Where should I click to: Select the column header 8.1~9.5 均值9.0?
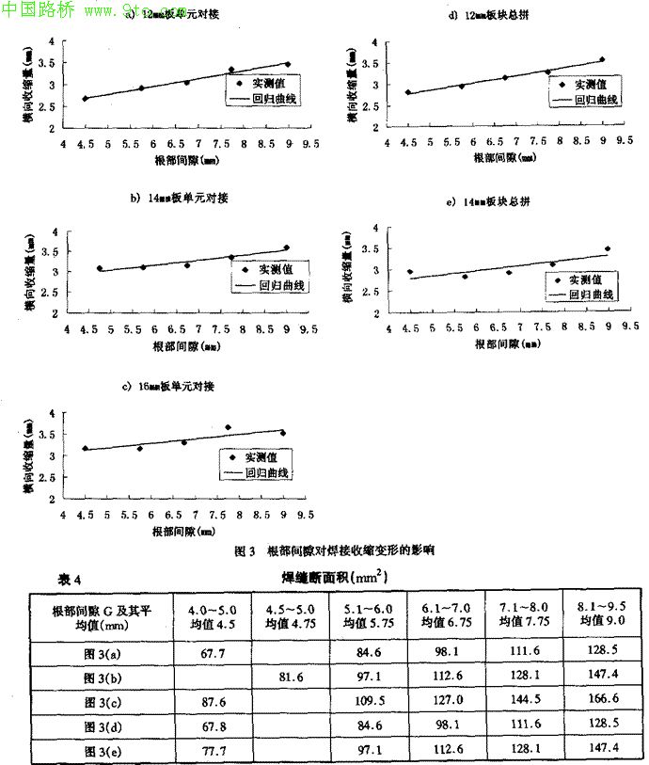[x=601, y=614]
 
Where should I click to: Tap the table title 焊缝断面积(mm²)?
[x=335, y=576]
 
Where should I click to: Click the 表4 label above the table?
[x=71, y=579]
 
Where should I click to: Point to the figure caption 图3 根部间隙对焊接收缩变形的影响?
[x=335, y=550]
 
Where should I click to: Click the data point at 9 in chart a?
[x=288, y=64]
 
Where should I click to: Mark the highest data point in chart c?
[x=228, y=427]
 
